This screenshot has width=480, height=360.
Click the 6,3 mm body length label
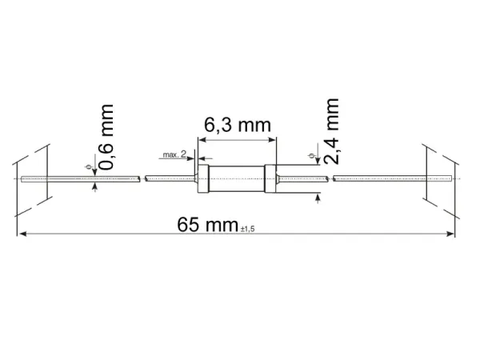[x=238, y=126]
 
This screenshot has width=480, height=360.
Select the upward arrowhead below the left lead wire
[x=96, y=186]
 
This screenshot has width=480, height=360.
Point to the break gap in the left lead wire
[x=141, y=178]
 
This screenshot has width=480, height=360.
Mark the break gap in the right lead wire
[x=330, y=178]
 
